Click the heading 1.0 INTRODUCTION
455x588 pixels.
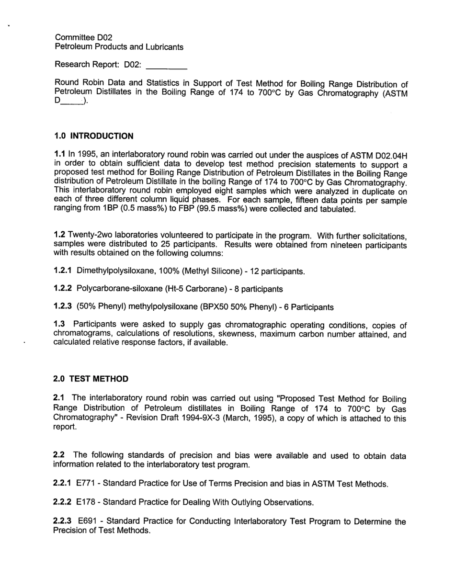(94, 136)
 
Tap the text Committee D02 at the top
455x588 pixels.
(84, 37)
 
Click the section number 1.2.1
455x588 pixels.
(62, 271)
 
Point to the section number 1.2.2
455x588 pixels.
(62, 289)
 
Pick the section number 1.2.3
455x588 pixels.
(62, 306)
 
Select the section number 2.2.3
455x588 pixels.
(63, 520)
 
